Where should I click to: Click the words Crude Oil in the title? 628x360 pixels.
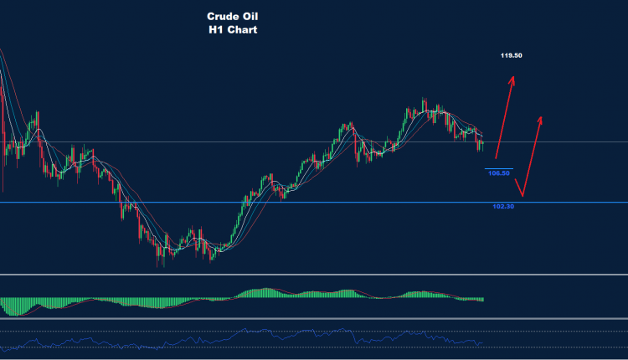[234, 16]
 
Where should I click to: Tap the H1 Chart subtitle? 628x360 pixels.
[234, 29]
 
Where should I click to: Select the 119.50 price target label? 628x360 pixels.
[512, 55]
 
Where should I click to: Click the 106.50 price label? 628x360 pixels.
[499, 173]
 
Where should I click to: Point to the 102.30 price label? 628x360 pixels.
[503, 206]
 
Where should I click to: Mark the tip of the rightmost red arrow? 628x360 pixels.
[541, 117]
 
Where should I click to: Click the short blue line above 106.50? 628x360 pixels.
[497, 168]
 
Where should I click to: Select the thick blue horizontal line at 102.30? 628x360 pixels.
[251, 203]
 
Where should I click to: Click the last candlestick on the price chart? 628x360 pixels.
[482, 145]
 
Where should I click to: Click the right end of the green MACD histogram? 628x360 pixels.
[482, 299]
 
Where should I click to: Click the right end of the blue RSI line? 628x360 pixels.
[482, 342]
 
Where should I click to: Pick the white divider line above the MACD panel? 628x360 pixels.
[314, 275]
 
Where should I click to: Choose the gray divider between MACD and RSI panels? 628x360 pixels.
[314, 319]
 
